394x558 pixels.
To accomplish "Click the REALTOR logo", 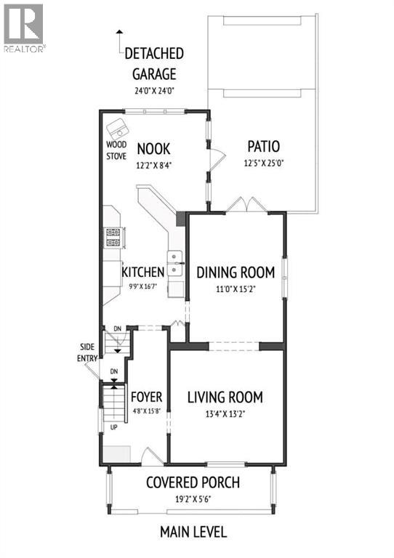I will click(24, 28).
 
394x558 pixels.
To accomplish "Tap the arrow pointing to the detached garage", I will click(119, 40).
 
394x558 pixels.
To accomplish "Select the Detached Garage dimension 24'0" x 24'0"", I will click(154, 92).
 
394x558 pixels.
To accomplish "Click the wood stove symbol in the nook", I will click(118, 130).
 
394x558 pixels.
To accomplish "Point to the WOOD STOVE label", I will click(116, 149).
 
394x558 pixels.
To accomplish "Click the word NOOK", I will click(153, 149).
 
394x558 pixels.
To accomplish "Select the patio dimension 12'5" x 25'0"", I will click(262, 163).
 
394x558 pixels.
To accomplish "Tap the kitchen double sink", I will click(174, 263).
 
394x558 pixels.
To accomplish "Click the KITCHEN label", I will click(142, 272).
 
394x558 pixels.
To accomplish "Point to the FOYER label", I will click(145, 397).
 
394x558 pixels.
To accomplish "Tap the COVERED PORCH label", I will click(193, 483).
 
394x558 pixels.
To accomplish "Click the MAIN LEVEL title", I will click(193, 532).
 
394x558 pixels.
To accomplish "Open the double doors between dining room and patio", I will click(244, 206).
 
